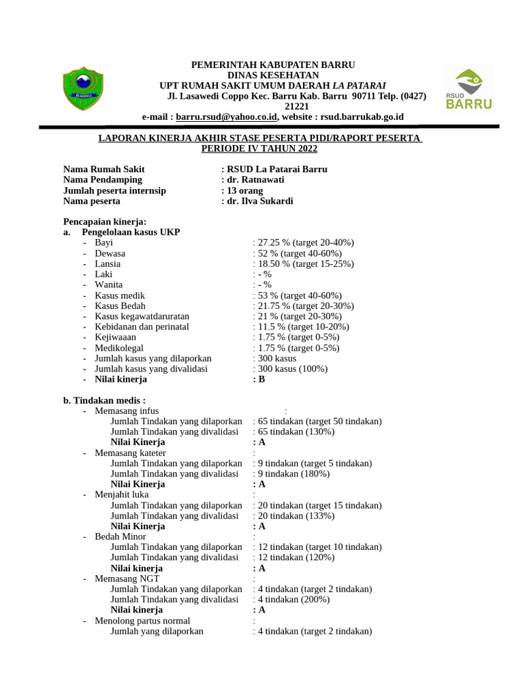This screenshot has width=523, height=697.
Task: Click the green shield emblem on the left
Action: click(x=84, y=88)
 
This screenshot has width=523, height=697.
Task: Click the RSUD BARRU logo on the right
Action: click(x=469, y=88)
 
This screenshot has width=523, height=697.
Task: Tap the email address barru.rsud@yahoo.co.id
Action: click(x=226, y=117)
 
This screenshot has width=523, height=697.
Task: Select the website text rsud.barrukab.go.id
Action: click(x=362, y=117)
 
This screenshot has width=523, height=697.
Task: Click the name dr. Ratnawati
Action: click(x=255, y=180)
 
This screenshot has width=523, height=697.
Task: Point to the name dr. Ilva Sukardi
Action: click(x=260, y=201)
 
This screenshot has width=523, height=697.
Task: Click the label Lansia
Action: click(x=108, y=264)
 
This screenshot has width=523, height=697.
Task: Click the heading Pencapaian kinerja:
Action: click(x=105, y=222)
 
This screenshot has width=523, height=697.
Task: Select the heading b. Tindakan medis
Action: click(x=104, y=401)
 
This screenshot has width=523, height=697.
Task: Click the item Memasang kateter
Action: click(x=130, y=453)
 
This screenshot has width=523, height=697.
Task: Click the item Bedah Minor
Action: click(x=121, y=537)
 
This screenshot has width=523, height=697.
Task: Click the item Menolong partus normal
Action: click(x=142, y=621)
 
